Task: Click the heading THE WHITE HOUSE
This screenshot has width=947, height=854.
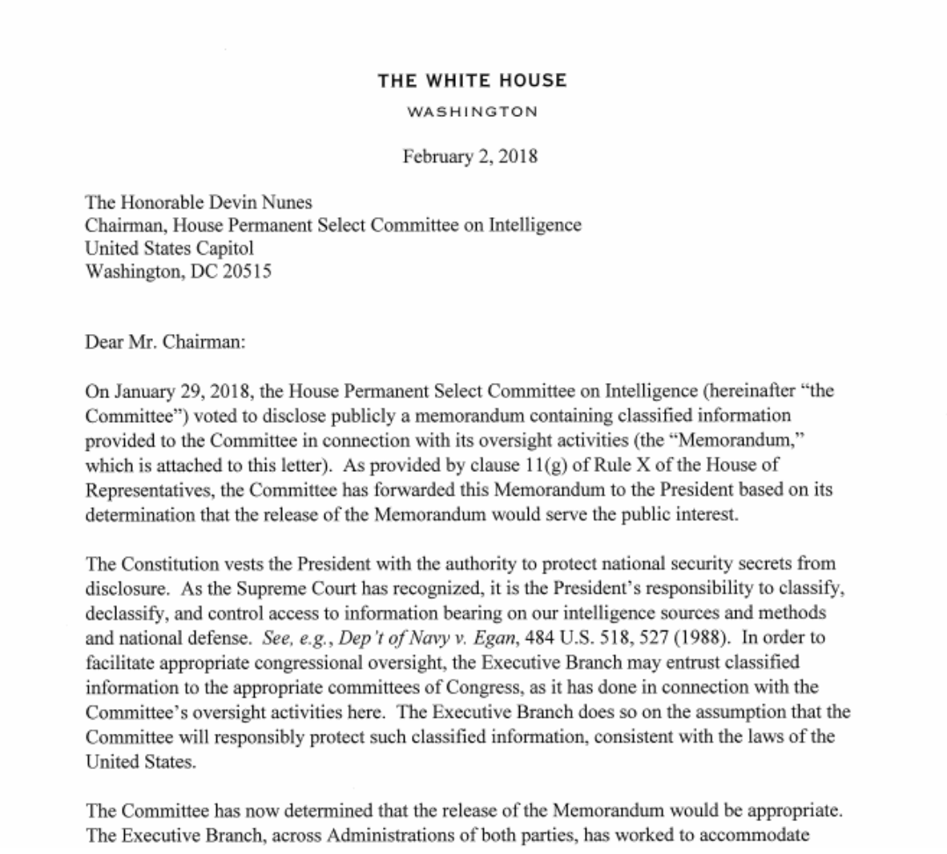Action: pos(472,80)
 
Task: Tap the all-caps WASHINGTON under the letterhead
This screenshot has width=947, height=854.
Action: pos(472,111)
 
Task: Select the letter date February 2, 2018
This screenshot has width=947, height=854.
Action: pos(469,156)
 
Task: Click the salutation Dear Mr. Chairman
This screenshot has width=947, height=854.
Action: pos(164,342)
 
